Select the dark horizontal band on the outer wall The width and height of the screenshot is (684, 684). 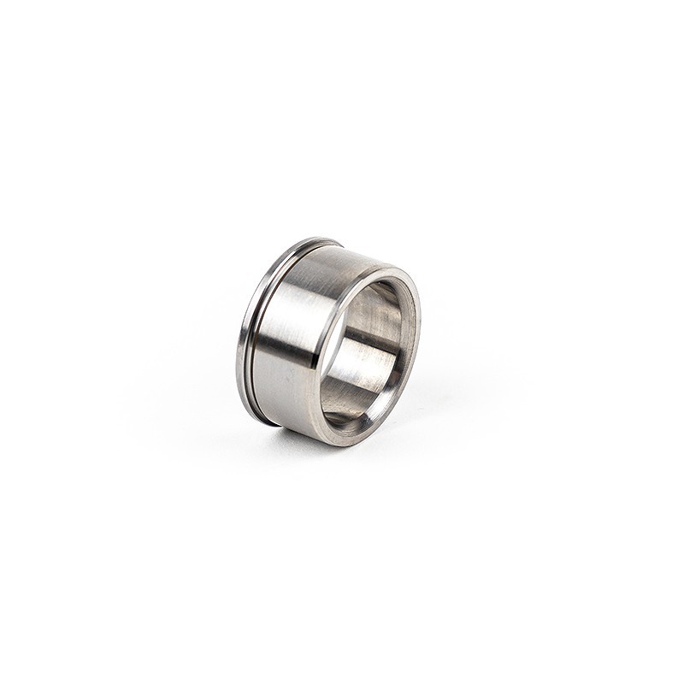click(x=286, y=342)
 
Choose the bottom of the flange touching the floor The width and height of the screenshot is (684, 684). click(x=265, y=422)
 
